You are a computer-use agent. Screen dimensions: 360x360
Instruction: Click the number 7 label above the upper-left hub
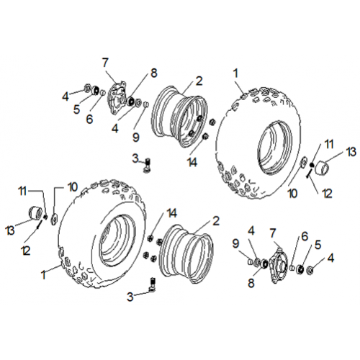click(x=105, y=63)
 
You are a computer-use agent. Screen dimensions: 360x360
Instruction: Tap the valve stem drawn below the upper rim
click(x=147, y=165)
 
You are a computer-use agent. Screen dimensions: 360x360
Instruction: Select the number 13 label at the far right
click(x=351, y=152)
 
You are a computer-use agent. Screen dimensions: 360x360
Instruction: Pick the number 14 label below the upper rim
click(x=192, y=163)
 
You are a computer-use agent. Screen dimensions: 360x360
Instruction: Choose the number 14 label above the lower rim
click(x=172, y=213)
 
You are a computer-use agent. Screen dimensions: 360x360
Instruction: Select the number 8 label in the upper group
click(x=154, y=73)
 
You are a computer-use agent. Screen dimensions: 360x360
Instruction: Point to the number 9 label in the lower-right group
click(x=235, y=243)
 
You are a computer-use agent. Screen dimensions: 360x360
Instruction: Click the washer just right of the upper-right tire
click(x=303, y=161)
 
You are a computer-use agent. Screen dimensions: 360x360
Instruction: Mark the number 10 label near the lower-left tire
click(x=73, y=186)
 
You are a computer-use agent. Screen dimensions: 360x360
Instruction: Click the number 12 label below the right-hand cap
click(x=327, y=193)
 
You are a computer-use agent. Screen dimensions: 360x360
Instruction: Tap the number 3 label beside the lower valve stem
click(x=130, y=297)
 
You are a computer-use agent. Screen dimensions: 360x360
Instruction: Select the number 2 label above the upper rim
click(x=199, y=81)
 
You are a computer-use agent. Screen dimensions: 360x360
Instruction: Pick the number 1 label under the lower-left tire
click(x=43, y=275)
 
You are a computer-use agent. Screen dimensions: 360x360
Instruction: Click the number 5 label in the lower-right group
click(x=318, y=245)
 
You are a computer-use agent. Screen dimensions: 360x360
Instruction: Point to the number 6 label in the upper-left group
click(x=89, y=119)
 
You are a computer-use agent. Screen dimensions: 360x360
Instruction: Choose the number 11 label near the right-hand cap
click(x=329, y=144)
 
